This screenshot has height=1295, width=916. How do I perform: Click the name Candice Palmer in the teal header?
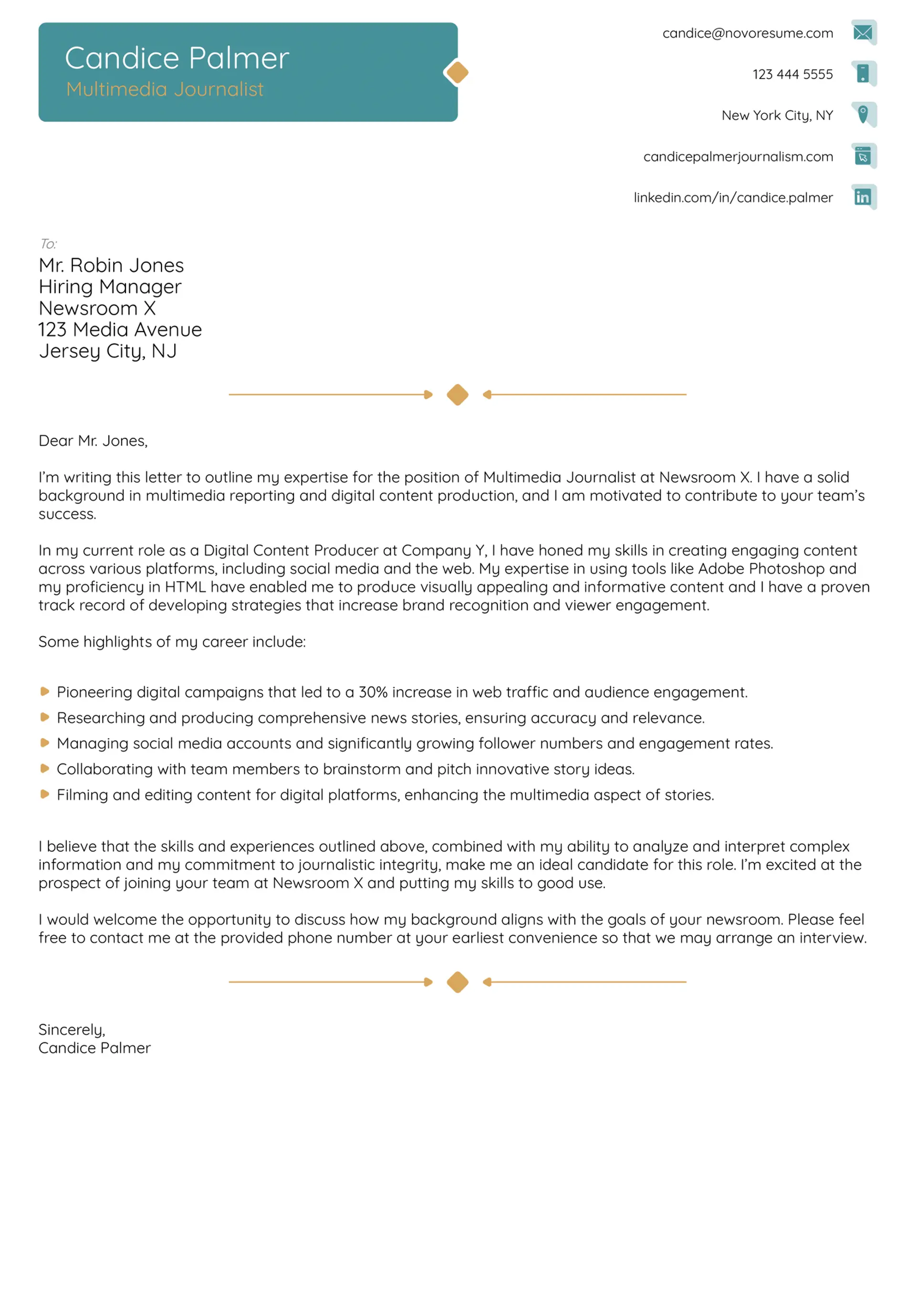coord(177,58)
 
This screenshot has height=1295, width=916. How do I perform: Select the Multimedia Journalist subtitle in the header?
coord(165,89)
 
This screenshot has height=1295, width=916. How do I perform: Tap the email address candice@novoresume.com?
coord(747,33)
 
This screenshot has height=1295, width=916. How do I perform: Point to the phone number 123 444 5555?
coord(792,74)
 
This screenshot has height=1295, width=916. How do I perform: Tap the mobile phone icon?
coord(863,73)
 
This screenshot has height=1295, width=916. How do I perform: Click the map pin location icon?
coord(863,114)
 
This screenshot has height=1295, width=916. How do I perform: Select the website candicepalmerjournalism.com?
coord(738,157)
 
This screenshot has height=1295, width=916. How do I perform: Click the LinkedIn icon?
coord(863,197)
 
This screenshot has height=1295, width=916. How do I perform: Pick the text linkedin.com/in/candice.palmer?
coord(733,198)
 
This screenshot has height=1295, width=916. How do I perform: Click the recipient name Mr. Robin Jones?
coord(111,265)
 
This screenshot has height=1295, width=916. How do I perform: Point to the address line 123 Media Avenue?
coord(120,329)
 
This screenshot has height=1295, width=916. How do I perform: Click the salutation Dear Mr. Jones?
coord(93,441)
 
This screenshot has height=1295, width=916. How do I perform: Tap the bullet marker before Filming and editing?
coord(44,794)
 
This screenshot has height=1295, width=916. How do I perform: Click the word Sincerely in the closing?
coord(71,1030)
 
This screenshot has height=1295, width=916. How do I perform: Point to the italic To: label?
coord(49,244)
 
